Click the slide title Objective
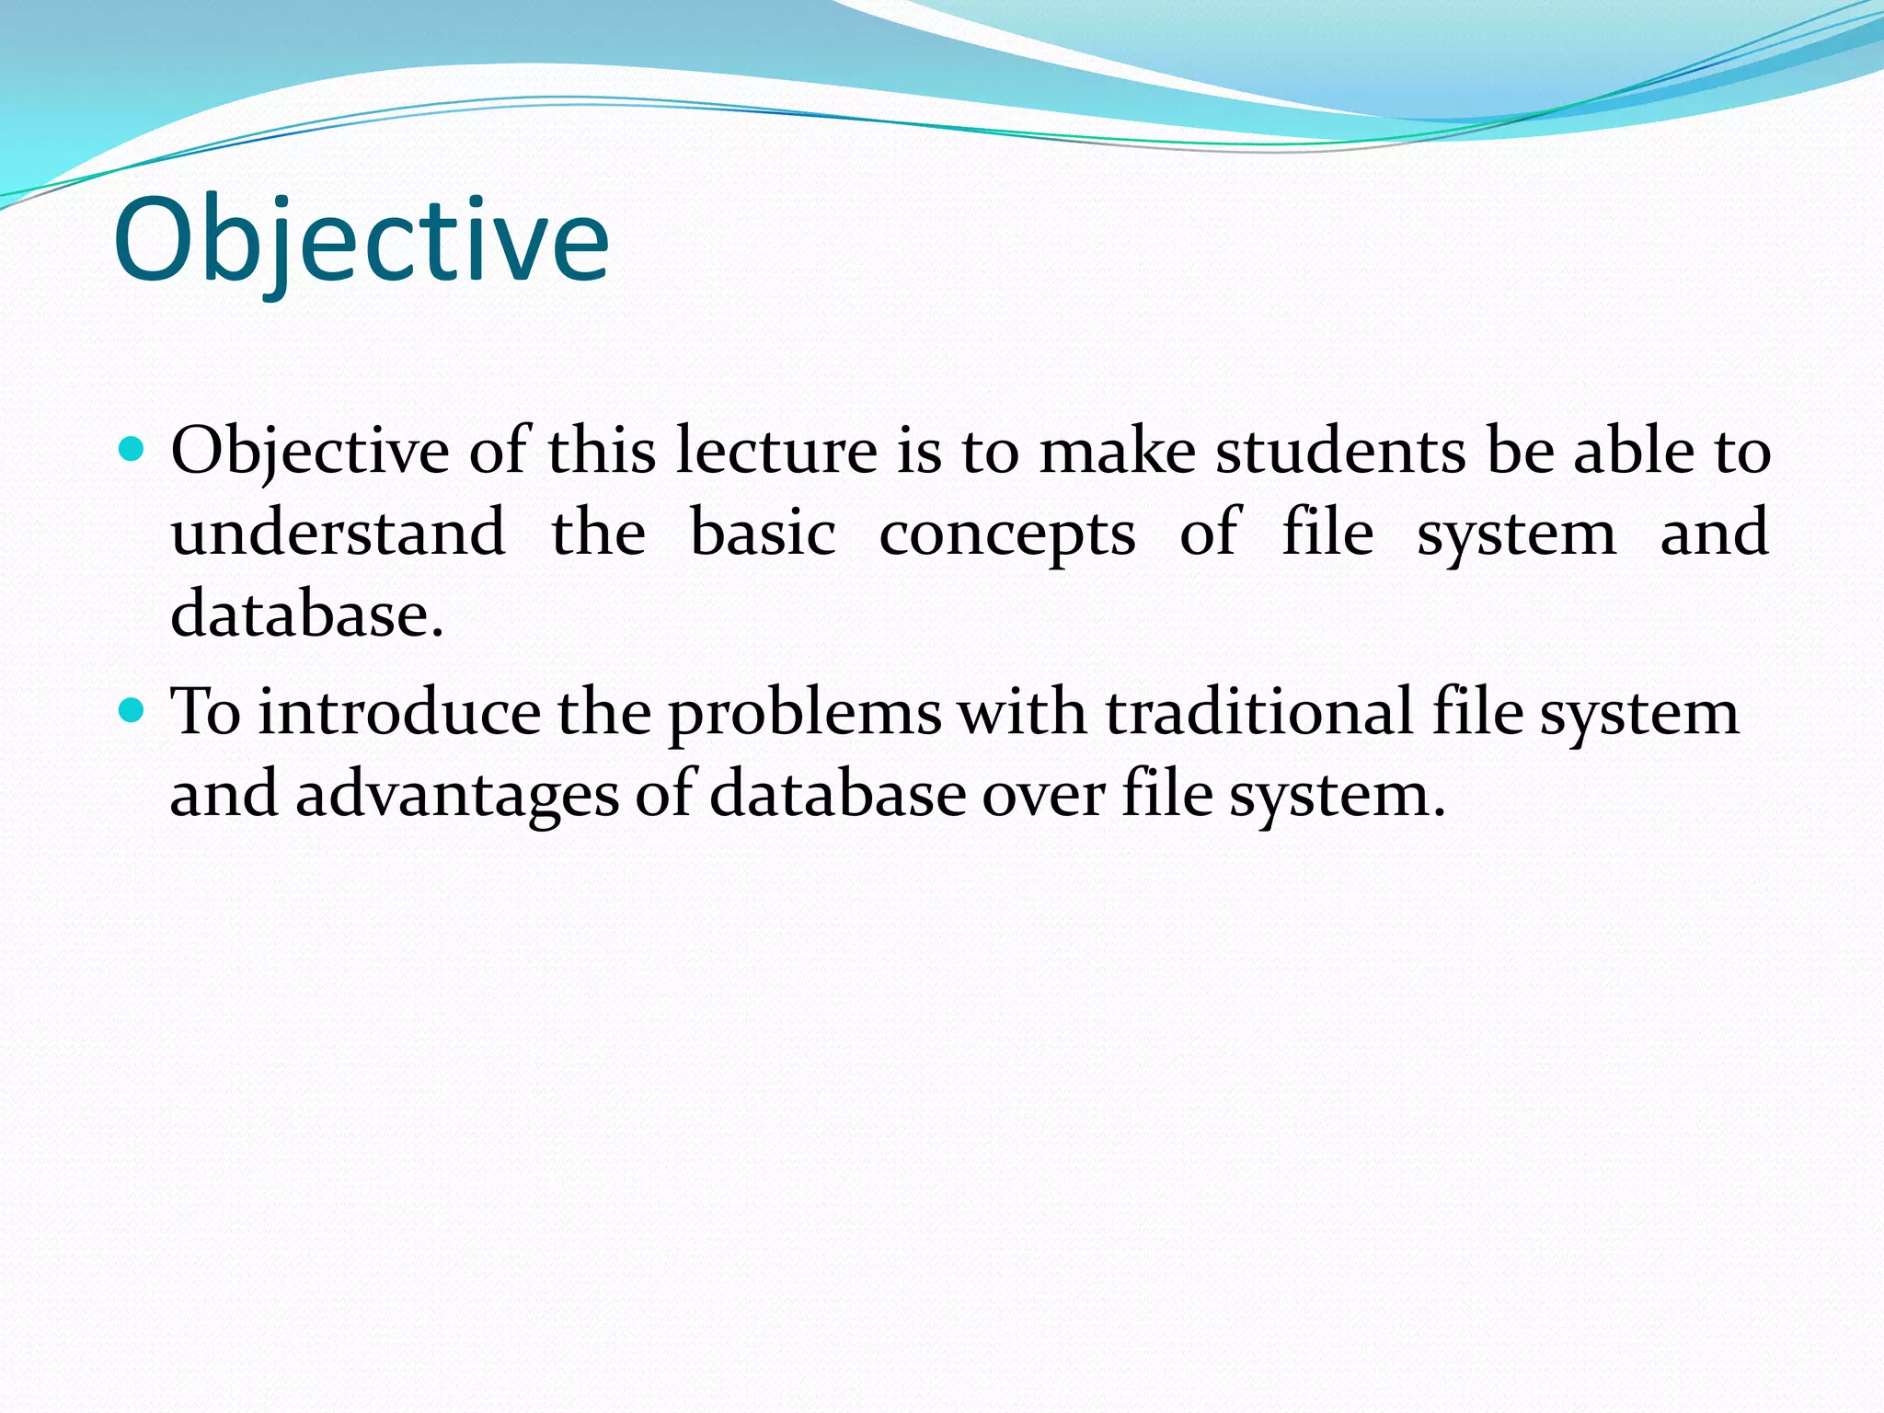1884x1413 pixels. [361, 241]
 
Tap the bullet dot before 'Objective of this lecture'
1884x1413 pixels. [132, 449]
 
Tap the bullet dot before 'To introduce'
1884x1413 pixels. [132, 710]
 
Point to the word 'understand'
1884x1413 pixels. [338, 533]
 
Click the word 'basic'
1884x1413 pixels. [763, 533]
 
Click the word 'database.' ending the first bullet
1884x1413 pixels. [307, 614]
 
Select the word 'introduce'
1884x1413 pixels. [399, 712]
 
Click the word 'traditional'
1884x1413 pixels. [1258, 712]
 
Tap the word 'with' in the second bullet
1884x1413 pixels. [1021, 712]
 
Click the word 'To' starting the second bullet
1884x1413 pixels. [206, 712]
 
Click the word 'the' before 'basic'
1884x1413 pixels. [598, 533]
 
